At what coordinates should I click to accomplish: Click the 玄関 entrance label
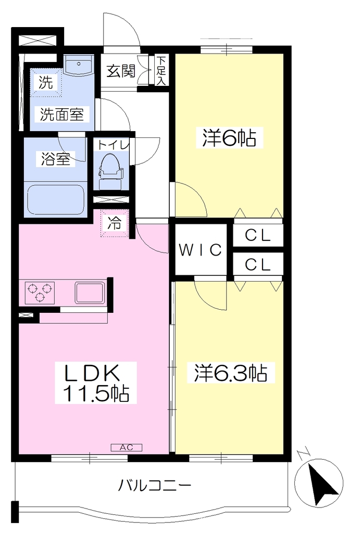tap(121, 71)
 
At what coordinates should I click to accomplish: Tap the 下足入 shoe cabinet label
tap(161, 71)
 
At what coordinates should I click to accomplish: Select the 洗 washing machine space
tap(46, 83)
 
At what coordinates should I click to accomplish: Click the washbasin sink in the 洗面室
tap(79, 65)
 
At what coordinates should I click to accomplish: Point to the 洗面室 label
tap(62, 114)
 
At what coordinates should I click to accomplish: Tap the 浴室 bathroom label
tap(55, 159)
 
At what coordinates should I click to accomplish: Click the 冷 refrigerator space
tap(114, 223)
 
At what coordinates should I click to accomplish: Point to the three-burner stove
tap(40, 292)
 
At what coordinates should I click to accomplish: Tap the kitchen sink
tap(90, 293)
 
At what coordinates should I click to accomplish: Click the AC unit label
tap(126, 447)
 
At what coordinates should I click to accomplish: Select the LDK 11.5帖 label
tap(96, 383)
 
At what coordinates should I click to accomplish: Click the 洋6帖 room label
tap(229, 138)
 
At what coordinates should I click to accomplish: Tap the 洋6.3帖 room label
tap(230, 373)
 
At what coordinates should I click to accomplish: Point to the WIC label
tap(201, 250)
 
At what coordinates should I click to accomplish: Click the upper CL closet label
tap(257, 235)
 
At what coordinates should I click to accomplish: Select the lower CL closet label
tap(257, 264)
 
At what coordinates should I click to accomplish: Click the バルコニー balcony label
tap(155, 486)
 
